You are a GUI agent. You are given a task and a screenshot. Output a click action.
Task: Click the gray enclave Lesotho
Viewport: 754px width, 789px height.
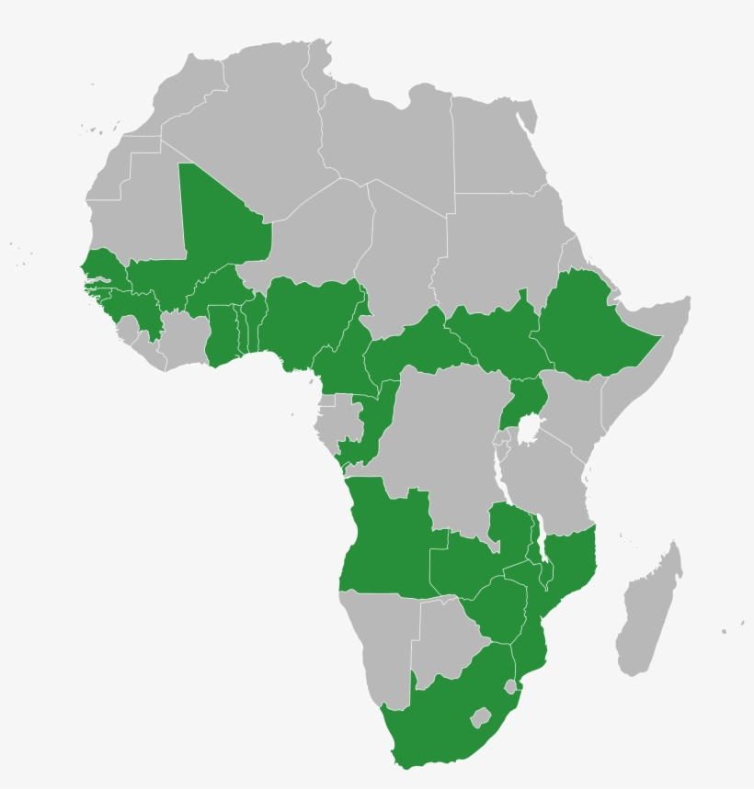pyautogui.click(x=479, y=716)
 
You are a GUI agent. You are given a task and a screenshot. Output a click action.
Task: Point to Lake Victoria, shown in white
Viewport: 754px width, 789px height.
pyautogui.click(x=529, y=428)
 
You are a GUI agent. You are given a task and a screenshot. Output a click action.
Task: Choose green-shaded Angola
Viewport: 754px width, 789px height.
pyautogui.click(x=386, y=542)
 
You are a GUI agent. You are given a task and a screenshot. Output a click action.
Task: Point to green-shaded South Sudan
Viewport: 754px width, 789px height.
pyautogui.click(x=497, y=340)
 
